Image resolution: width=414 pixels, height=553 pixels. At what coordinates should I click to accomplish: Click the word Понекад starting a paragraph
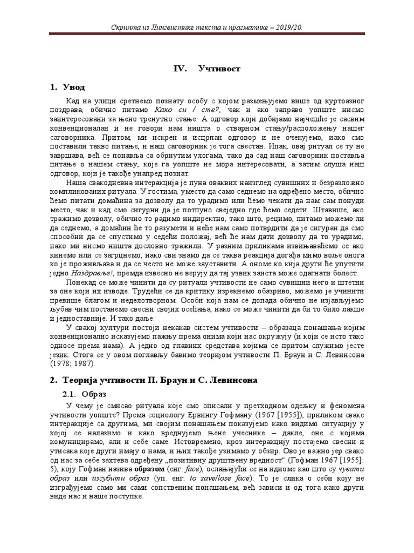pos(84,282)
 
